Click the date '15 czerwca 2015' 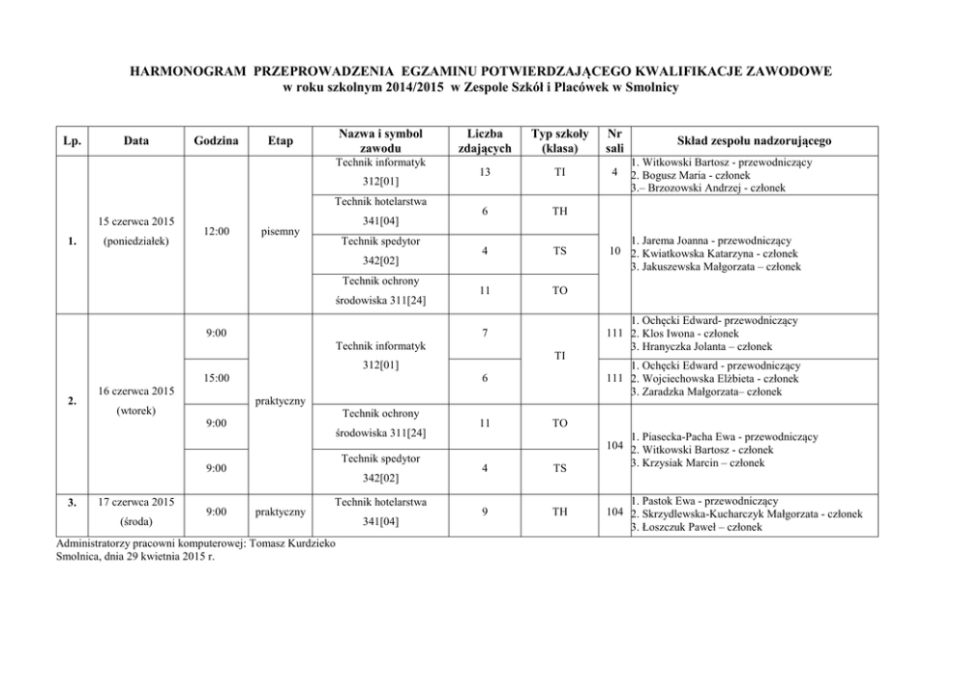pos(135,222)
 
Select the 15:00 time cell pos(216,378)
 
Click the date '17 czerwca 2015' pos(135,501)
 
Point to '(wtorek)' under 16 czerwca pos(135,412)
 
